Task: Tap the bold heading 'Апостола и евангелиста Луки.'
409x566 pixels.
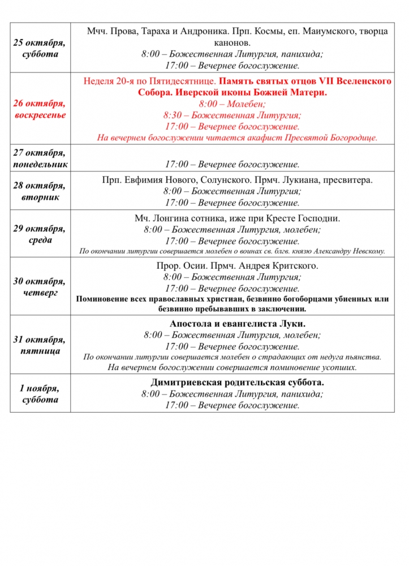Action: point(238,324)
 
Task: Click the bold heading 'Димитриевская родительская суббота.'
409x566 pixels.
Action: point(238,382)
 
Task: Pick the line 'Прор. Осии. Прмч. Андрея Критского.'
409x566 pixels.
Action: point(238,266)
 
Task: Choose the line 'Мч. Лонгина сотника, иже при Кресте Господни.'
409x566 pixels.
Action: point(238,218)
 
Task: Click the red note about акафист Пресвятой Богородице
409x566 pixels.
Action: point(238,138)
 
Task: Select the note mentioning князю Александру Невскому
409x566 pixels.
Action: point(233,251)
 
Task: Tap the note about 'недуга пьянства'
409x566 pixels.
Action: point(233,357)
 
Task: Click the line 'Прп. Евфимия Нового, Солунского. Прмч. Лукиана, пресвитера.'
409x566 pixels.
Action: point(238,181)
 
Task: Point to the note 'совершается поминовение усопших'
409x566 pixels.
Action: point(233,367)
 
